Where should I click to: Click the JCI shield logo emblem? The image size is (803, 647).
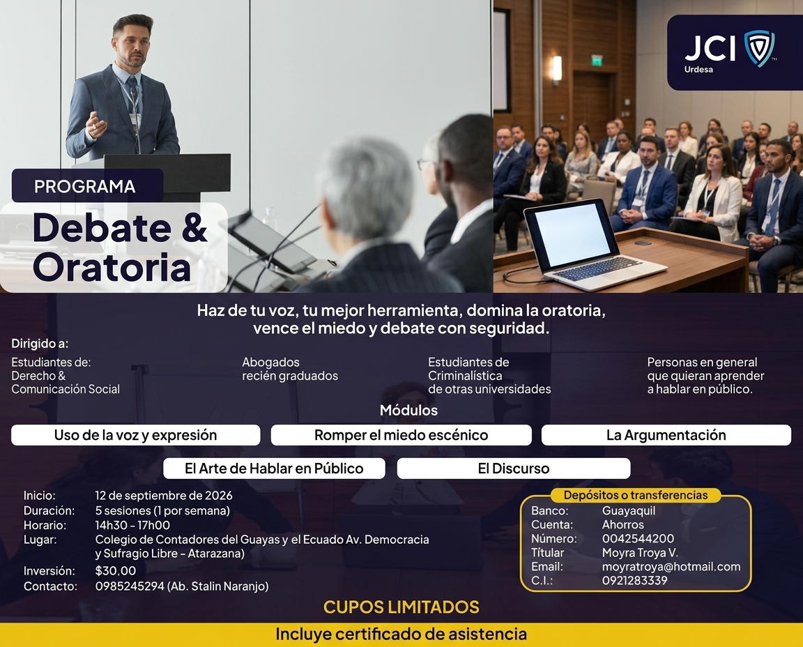point(760,48)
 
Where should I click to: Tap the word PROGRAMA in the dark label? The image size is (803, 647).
point(85,186)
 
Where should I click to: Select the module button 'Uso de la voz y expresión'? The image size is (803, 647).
point(136,435)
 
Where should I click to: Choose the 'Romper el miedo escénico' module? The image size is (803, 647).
point(401,435)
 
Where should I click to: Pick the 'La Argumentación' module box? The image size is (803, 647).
point(666,435)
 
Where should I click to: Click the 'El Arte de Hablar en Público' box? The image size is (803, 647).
point(274,469)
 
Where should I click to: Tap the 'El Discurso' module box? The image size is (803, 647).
point(514,469)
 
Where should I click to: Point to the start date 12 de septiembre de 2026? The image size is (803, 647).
point(164,496)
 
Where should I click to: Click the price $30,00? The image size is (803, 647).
point(116,571)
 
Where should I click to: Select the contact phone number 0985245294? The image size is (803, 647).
point(130,586)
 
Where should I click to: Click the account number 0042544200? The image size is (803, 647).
point(638,538)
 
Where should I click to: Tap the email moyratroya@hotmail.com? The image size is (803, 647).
point(671,567)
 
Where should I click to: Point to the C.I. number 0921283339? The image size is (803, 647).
point(635,580)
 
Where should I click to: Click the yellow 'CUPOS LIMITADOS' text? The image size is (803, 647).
point(401,607)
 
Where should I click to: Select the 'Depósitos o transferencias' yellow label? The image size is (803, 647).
point(636,495)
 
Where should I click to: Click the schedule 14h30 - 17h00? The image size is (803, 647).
point(132,525)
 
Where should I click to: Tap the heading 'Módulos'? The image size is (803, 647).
point(408,411)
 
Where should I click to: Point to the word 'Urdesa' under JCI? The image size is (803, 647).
point(698,69)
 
